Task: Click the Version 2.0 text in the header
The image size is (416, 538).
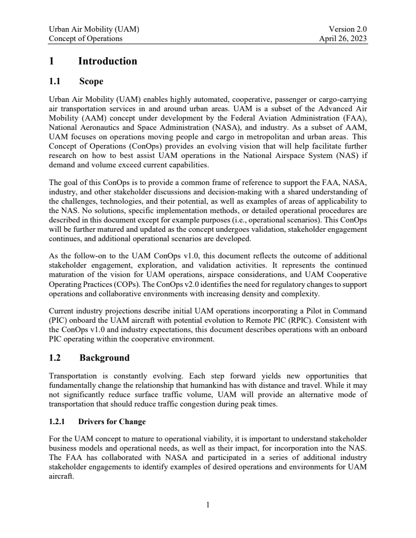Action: pos(348,30)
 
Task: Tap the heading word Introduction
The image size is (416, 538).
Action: pos(108,61)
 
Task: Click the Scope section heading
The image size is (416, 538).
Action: pos(91,82)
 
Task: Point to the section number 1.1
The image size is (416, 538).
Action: pos(55,82)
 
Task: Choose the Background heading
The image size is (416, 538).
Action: pos(104,358)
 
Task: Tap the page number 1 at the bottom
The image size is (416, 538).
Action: pos(208,504)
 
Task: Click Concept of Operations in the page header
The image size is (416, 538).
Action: pos(86,38)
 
